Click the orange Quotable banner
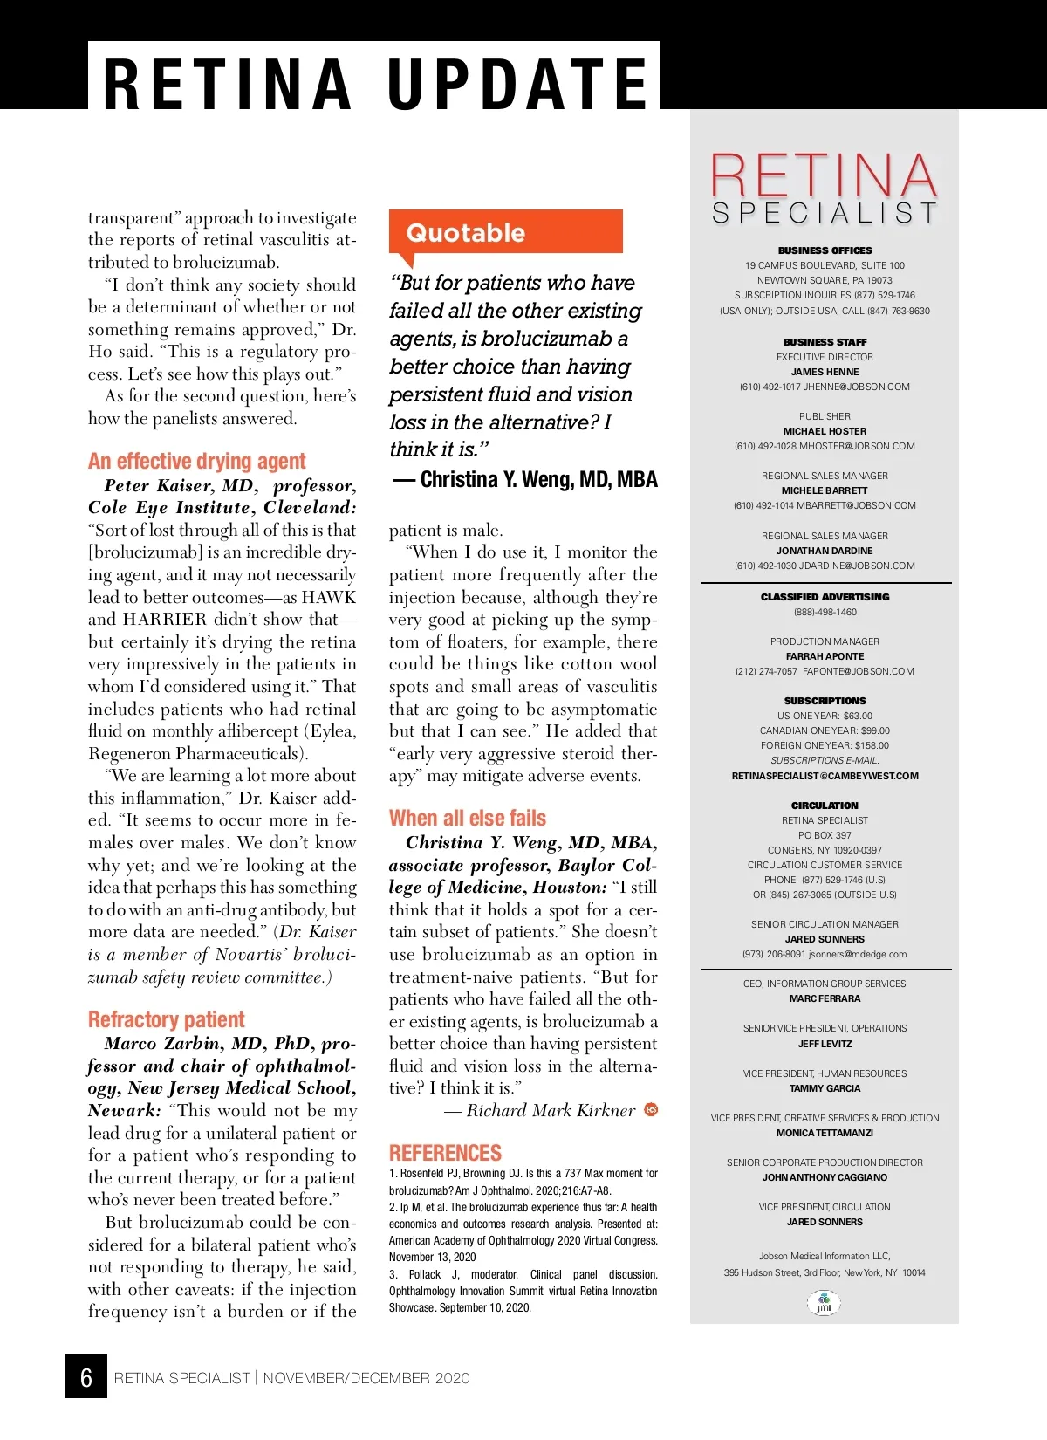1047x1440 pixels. click(x=505, y=232)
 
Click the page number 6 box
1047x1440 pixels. click(x=86, y=1376)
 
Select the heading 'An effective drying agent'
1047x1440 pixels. click(x=196, y=461)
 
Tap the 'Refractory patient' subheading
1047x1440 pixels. click(x=166, y=1019)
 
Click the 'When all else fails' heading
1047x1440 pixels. click(x=468, y=818)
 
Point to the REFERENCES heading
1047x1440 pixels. click(x=445, y=1152)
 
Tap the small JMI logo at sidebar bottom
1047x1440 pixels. click(x=824, y=1303)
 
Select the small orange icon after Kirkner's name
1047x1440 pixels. click(x=651, y=1109)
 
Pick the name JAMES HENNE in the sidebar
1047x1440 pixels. click(x=825, y=372)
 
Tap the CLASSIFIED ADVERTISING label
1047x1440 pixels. click(x=825, y=597)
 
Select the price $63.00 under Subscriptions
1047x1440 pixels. click(x=857, y=716)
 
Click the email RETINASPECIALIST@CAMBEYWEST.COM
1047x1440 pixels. click(x=825, y=776)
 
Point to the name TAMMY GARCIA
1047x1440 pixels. click(x=825, y=1088)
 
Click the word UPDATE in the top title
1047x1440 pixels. click(x=518, y=84)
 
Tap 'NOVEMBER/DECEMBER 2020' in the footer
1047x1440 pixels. click(x=366, y=1378)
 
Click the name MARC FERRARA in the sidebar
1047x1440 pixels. click(x=825, y=998)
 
